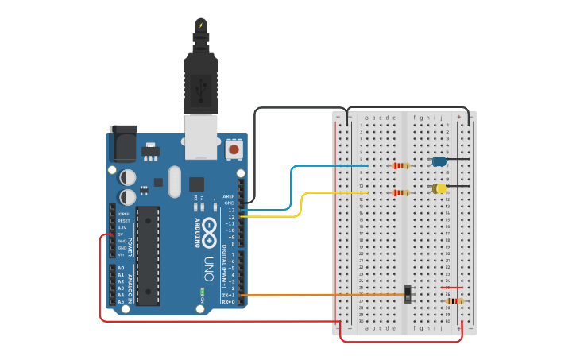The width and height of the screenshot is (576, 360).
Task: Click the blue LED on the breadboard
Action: pos(439,161)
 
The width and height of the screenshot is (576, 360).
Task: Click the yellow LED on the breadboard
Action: pos(439,188)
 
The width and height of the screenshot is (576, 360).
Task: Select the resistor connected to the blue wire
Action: pos(401,165)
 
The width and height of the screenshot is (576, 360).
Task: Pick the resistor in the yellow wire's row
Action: pos(401,192)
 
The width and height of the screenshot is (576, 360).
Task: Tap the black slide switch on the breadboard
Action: pos(408,294)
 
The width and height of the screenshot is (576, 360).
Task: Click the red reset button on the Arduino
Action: pos(234,149)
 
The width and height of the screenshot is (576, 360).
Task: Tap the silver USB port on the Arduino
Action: pos(201,131)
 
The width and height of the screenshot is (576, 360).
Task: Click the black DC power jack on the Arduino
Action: pos(122,143)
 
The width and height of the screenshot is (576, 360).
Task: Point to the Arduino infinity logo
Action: pos(210,230)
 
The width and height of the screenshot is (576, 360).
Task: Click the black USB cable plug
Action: pos(201,79)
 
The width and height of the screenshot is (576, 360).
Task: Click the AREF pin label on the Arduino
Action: pos(229,196)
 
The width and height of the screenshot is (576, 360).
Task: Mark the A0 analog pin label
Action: pos(121,268)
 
